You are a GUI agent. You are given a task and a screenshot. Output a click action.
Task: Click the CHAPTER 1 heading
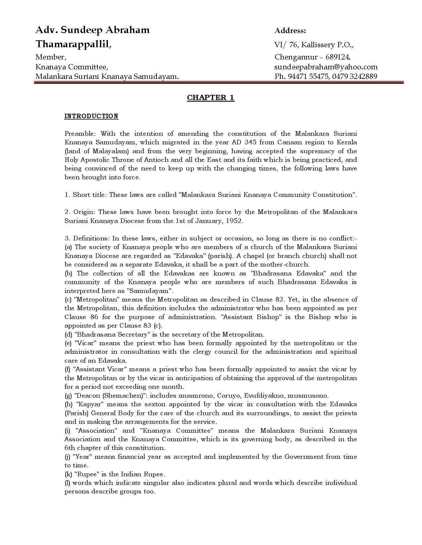click(x=211, y=97)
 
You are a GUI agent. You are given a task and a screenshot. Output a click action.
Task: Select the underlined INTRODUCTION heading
click(x=91, y=116)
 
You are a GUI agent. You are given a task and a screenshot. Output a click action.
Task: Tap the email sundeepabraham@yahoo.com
click(x=326, y=67)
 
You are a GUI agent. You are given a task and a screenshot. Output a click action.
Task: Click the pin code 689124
click(x=339, y=57)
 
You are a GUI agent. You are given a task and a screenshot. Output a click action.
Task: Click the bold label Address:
click(x=290, y=31)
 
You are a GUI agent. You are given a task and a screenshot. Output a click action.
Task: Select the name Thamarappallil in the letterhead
click(x=73, y=44)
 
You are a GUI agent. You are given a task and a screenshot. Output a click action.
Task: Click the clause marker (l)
click(x=68, y=483)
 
